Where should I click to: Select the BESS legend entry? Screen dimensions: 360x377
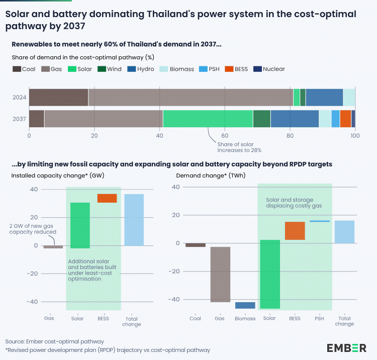(x=239, y=69)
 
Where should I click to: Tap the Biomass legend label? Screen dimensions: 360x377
(x=181, y=69)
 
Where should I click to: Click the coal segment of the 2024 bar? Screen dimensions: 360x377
(x=58, y=97)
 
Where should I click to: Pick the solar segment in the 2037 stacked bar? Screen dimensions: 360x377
(x=208, y=119)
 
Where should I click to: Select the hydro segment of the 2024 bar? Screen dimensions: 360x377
(x=324, y=97)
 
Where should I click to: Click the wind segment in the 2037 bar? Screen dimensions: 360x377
(x=261, y=119)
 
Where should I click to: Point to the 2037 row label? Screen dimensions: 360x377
(x=19, y=119)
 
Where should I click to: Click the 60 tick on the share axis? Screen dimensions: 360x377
(x=225, y=136)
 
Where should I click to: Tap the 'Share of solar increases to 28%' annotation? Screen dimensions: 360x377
(x=239, y=147)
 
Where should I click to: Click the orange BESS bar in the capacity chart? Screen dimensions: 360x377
(x=107, y=198)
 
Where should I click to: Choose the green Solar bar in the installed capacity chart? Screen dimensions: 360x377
(x=80, y=225)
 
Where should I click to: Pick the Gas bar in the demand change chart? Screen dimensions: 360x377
(x=220, y=274)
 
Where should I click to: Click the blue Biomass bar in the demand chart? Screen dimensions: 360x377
(x=245, y=305)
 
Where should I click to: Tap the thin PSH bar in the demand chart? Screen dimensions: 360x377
(x=320, y=221)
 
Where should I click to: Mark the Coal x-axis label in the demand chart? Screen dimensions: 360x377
(x=195, y=318)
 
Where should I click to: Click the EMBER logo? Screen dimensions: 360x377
(x=346, y=347)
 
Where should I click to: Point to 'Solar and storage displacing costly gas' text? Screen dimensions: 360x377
(x=294, y=203)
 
